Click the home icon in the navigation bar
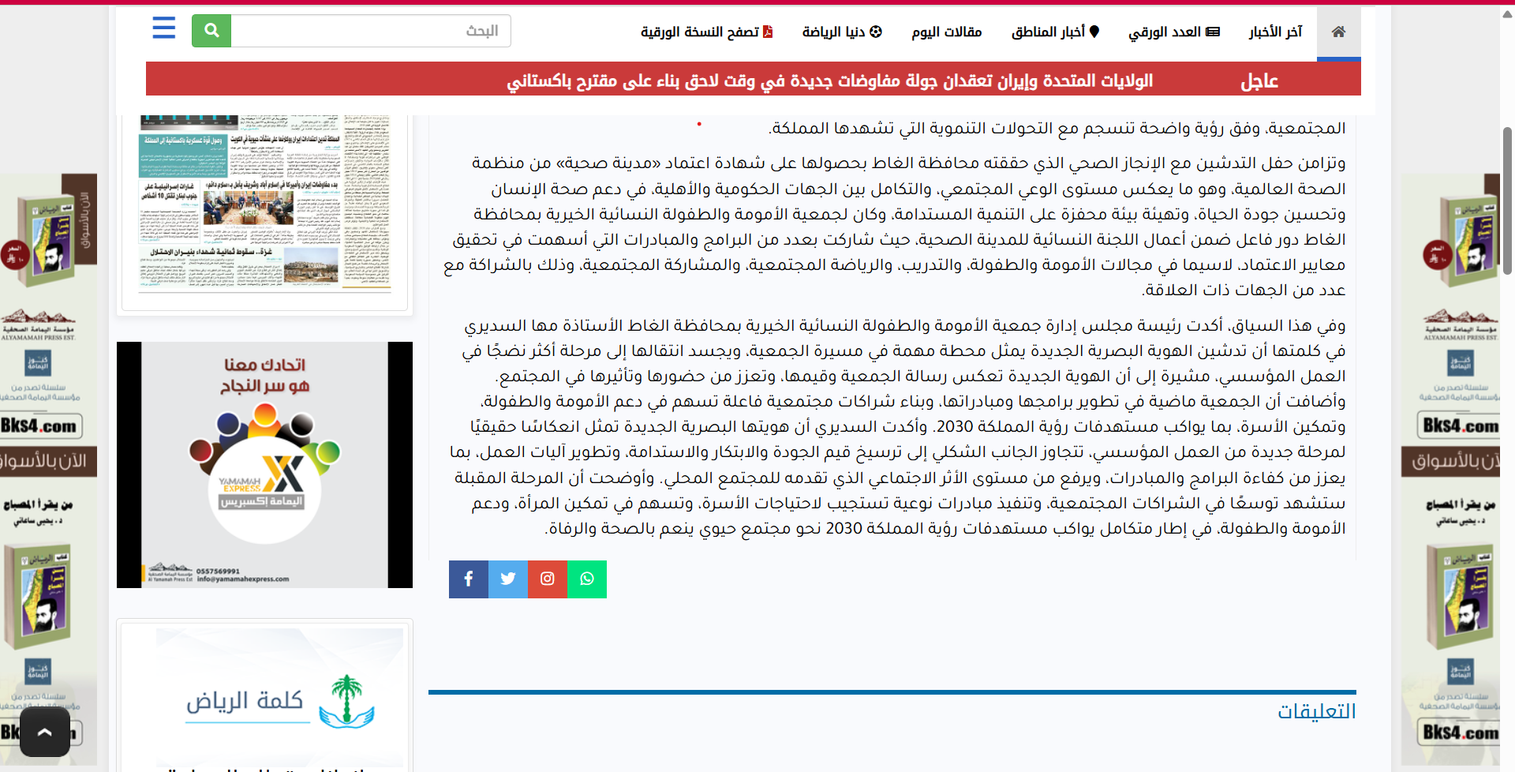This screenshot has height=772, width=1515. pos(1338,32)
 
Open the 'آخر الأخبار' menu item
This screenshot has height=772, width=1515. pos(1275,32)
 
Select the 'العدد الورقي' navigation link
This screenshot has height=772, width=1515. pos(1173,32)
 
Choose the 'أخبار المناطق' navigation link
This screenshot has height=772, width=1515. pos(1055,32)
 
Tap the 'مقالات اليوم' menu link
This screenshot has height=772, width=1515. pos(946,32)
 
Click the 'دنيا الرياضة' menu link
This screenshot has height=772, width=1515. pos(842,32)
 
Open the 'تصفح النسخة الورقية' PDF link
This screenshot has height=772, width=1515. pos(706,32)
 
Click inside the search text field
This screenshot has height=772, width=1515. pos(371,31)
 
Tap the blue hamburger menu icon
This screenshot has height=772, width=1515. pos(164,28)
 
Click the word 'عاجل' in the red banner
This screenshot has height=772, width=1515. pos(1259,81)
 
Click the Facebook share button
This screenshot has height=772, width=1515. pos(469,579)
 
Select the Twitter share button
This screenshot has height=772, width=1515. pos(508,579)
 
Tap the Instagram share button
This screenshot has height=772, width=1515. pos(548,579)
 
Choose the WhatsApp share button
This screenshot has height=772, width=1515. pos(587,579)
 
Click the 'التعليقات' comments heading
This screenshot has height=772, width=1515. pos(1316,711)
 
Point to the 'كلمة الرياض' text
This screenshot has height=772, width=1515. pos(245,701)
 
